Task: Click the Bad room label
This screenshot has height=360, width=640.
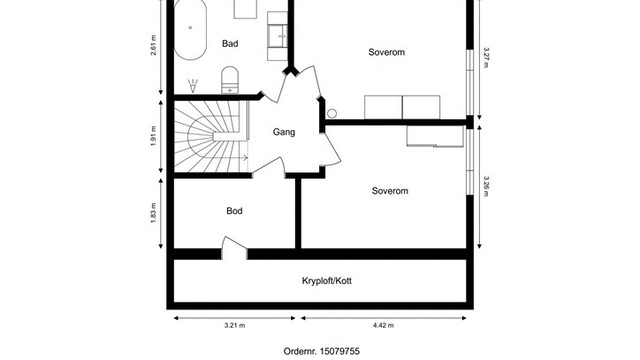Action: point(230,44)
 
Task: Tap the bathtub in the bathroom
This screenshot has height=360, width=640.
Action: point(191,29)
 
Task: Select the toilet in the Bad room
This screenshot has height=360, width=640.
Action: point(230,80)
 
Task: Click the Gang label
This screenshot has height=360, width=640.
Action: point(284,132)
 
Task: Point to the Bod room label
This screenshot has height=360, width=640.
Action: point(234,211)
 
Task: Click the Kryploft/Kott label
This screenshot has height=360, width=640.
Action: point(327,281)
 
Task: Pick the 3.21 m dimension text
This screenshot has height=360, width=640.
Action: point(235,326)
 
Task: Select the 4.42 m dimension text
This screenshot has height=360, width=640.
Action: point(383,326)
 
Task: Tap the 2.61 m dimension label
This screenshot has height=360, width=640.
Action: point(153,45)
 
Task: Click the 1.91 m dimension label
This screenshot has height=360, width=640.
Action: point(153,136)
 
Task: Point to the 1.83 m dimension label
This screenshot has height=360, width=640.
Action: point(153,213)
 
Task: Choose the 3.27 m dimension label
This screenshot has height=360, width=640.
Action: point(486,58)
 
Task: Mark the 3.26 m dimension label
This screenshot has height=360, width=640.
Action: point(486,186)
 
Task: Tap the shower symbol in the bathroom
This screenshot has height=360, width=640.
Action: point(193,85)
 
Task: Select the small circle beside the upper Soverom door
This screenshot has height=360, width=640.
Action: point(332,113)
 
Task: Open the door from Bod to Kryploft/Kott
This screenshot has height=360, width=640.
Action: point(234,248)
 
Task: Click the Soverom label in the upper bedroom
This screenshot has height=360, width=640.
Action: point(387,52)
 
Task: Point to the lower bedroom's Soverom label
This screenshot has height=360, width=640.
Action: point(390,191)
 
